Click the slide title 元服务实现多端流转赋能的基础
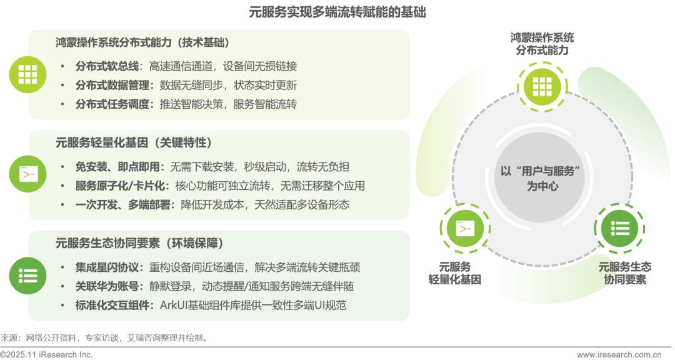[x=337, y=12]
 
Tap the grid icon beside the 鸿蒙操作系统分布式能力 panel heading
[x=28, y=74]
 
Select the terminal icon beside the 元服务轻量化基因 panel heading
[x=28, y=174]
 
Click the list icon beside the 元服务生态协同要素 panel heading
[x=28, y=275]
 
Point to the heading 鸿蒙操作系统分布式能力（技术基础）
[x=142, y=43]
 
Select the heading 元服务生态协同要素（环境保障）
[x=139, y=242]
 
